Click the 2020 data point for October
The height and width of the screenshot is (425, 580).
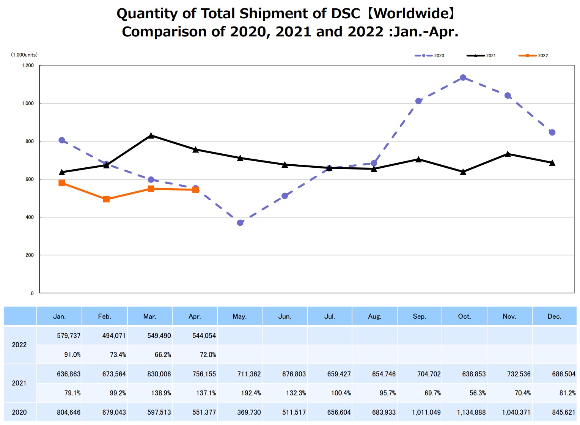[463, 78]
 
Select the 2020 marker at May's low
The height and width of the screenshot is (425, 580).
[240, 223]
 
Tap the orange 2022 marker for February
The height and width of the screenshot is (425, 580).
[106, 199]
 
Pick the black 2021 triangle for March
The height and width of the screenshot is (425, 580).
[151, 135]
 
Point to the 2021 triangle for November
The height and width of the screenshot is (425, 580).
[508, 154]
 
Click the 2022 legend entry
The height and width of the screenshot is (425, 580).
[533, 56]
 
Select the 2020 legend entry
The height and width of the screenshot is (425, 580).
[429, 56]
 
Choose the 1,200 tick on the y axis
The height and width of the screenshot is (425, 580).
[28, 66]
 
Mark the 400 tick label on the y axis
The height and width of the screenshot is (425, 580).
[29, 217]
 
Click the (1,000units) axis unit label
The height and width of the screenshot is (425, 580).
[24, 55]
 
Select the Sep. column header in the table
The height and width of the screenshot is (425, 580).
[419, 316]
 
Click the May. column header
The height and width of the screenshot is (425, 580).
[239, 316]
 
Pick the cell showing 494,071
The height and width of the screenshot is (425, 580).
[114, 336]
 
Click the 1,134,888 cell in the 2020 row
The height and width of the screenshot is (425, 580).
[471, 412]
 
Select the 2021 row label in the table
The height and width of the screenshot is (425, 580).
[19, 383]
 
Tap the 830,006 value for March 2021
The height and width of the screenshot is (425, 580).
[159, 374]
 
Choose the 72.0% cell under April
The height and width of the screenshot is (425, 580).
[207, 355]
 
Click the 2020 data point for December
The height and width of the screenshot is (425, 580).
[552, 132]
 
